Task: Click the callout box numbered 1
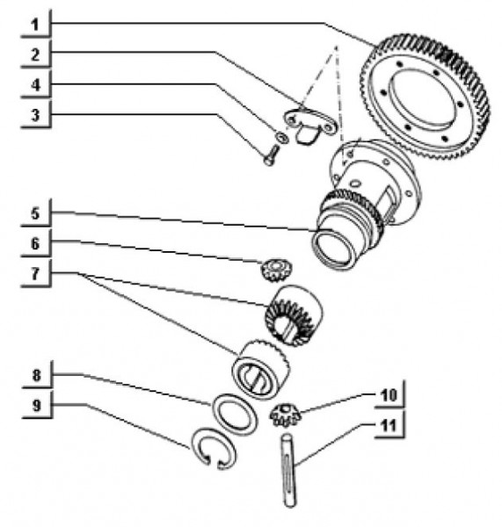pyautogui.click(x=33, y=21)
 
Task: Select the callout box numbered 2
pyautogui.click(x=33, y=52)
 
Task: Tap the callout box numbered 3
pyautogui.click(x=33, y=114)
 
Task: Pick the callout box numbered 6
pyautogui.click(x=33, y=242)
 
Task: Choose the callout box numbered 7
pyautogui.click(x=33, y=274)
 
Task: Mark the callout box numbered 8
pyautogui.click(x=33, y=374)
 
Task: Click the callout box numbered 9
pyautogui.click(x=33, y=405)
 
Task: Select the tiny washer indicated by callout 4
pyautogui.click(x=279, y=136)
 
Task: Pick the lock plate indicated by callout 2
pyautogui.click(x=308, y=124)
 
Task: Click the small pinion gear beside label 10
pyautogui.click(x=286, y=409)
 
